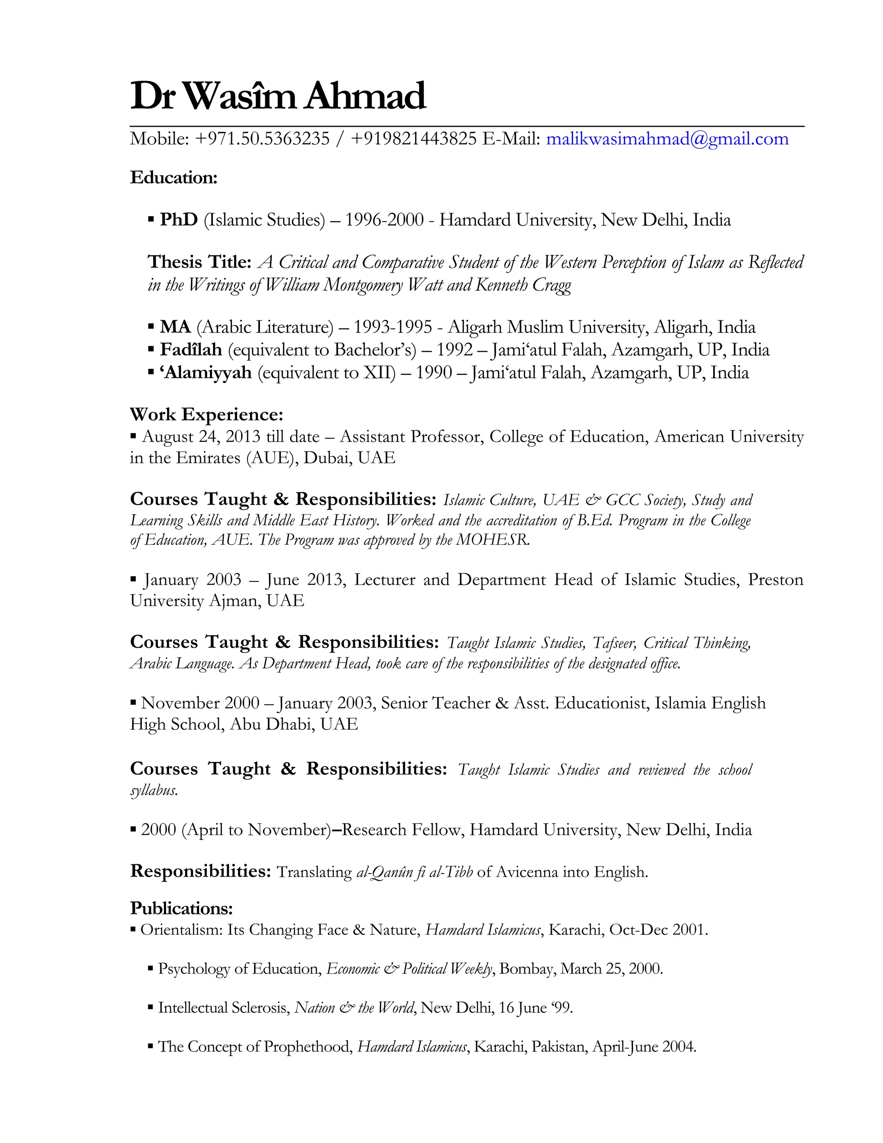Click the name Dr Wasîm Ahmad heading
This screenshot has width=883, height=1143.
coord(278,96)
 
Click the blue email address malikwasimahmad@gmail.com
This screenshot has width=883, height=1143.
coord(667,139)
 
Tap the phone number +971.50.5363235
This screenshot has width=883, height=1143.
coord(262,139)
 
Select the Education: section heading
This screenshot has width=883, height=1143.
coord(173,178)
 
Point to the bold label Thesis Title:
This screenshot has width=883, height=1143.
coord(199,262)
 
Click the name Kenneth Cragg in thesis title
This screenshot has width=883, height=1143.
coord(523,285)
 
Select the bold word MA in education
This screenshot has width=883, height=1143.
coord(175,327)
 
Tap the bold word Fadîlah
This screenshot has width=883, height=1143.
coord(191,350)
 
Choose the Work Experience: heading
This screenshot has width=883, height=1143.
coord(206,414)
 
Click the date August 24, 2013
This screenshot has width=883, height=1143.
coord(201,436)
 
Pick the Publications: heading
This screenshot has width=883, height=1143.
coord(181,908)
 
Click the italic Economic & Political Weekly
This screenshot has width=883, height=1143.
coord(410,969)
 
